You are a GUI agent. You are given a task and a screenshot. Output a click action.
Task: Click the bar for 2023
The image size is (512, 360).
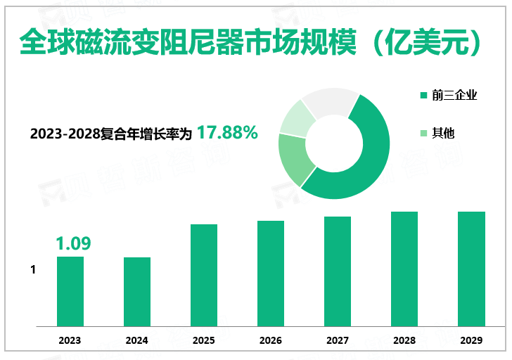pos(70,291)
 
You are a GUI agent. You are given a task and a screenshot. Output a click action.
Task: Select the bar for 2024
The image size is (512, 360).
pos(137,292)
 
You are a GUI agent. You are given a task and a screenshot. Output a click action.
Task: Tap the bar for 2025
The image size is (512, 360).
pos(204,275)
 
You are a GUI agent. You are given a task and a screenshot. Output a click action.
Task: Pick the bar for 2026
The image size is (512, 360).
pos(271,274)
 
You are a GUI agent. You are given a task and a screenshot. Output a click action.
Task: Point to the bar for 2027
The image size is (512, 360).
pos(338,271)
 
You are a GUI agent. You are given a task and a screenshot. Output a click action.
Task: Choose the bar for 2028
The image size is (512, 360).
pos(404,269)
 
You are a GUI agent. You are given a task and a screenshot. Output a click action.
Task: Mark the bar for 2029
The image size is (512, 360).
pos(471,269)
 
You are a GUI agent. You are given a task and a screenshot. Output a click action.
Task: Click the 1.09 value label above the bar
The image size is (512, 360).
pos(73,244)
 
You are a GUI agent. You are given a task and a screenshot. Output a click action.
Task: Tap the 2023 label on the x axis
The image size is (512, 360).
pos(70,340)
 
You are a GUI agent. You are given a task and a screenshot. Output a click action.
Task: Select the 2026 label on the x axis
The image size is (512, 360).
pos(271,340)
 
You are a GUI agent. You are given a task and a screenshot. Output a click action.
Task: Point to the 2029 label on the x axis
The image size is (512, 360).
pos(471,340)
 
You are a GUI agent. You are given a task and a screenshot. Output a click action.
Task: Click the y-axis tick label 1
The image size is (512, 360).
pos(33,270)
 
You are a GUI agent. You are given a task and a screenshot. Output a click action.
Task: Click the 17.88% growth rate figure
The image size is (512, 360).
pos(227,132)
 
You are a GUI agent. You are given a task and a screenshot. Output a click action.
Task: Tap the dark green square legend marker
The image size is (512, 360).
pos(423,96)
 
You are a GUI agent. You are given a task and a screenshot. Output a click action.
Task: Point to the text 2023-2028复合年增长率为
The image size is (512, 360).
pos(111,134)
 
